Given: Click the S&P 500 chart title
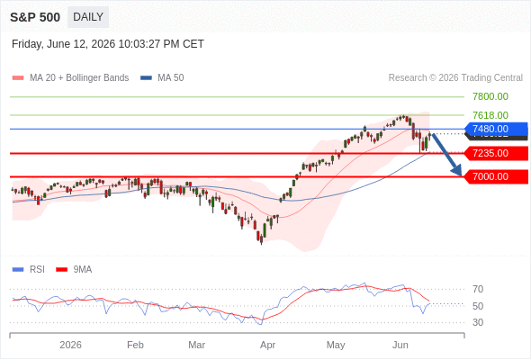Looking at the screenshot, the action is [35, 17].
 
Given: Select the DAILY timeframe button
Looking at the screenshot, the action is [88, 17].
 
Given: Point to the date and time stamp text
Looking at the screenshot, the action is [108, 44].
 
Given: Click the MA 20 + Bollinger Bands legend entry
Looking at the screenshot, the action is [70, 78].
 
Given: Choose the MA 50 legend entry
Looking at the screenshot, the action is [162, 78].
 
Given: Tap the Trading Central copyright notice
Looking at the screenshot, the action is [455, 78].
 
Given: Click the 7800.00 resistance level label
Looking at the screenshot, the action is [490, 96].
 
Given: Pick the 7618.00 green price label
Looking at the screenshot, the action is [490, 115].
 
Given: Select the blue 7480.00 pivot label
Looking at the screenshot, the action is [496, 129].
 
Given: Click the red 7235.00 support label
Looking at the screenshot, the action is [496, 153].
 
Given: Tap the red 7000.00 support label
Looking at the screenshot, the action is [496, 176].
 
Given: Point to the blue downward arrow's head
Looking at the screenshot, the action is [457, 170].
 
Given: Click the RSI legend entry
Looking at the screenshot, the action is [29, 270].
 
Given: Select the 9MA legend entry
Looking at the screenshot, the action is [74, 270].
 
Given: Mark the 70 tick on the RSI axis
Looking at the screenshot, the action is [478, 289].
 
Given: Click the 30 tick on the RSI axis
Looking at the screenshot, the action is [478, 322].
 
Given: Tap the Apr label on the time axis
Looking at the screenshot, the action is [267, 345].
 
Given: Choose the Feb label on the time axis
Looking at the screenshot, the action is [135, 345].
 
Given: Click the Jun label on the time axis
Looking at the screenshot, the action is [400, 345].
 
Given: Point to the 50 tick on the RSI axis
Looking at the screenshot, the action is [478, 306].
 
